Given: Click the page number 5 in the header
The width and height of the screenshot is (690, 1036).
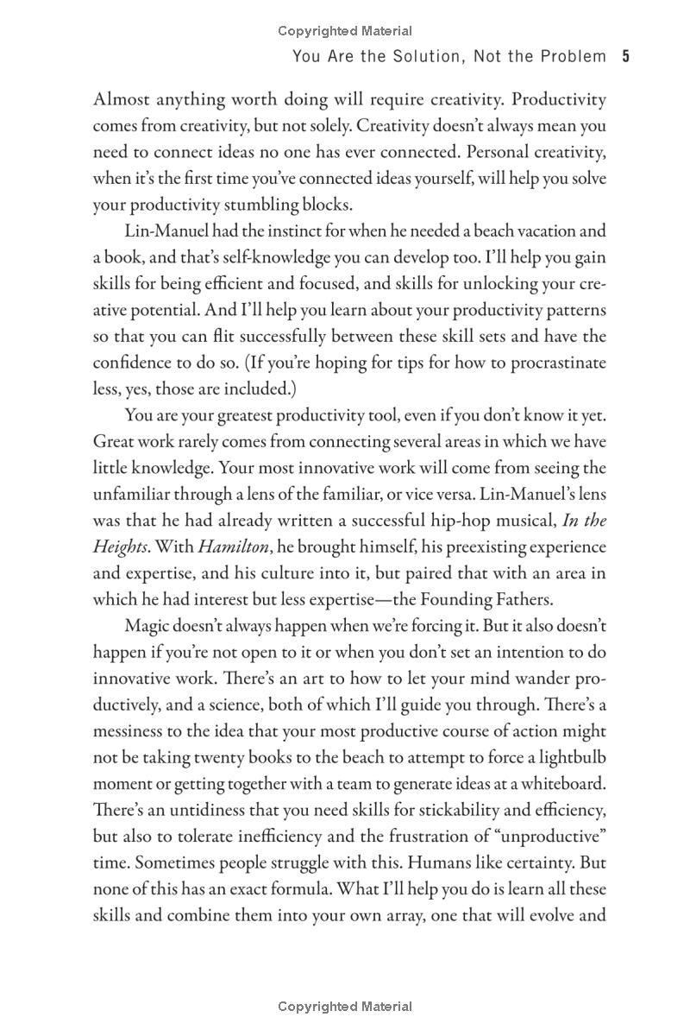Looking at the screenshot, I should click(625, 57).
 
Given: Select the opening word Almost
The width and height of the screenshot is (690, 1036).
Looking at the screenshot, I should click(121, 99).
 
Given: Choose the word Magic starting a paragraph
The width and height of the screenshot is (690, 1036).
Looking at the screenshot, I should click(148, 626).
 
